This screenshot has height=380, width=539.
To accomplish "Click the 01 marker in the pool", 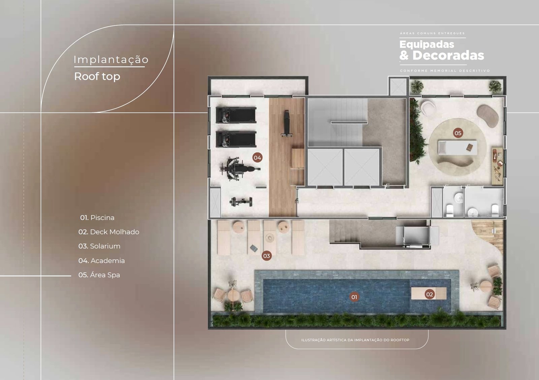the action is click(354, 297).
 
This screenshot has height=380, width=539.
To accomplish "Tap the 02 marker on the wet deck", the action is click(430, 294).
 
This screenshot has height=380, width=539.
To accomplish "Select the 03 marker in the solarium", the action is click(266, 256).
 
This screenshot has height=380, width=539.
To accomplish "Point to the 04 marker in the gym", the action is click(257, 158).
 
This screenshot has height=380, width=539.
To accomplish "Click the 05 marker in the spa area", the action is click(458, 133).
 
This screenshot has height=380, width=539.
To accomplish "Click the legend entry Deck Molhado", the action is click(109, 232).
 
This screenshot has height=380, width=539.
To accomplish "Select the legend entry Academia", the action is click(101, 261).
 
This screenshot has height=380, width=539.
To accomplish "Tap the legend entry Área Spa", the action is click(99, 275).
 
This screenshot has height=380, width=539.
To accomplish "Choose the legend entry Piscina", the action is click(97, 218).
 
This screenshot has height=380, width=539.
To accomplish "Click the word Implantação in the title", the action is click(111, 59).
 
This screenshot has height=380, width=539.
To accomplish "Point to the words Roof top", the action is click(97, 76).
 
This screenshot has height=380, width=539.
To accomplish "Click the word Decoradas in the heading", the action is click(448, 55).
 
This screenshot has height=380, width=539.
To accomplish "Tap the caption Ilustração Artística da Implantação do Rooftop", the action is click(355, 340).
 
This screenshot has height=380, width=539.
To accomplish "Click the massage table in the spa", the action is click(457, 148).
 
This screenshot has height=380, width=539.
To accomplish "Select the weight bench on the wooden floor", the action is click(286, 123).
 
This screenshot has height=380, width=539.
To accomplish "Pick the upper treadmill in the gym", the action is click(236, 115).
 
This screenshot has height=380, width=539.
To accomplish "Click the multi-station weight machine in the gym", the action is click(240, 169).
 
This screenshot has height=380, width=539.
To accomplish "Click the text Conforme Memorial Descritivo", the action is click(445, 71).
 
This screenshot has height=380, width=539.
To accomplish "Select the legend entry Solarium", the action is click(99, 246).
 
